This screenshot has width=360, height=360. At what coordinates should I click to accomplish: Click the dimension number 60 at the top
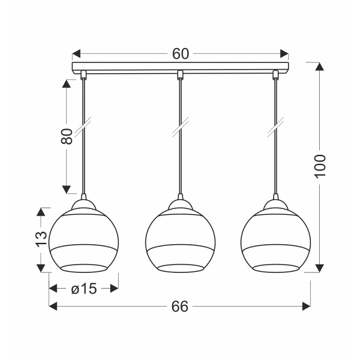tap(181, 53)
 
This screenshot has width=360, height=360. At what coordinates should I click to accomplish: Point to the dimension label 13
tap(41, 239)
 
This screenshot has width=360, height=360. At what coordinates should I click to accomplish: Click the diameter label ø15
tap(83, 289)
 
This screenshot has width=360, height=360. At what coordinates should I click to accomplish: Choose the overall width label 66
tap(179, 306)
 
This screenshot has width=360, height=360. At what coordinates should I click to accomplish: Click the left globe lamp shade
tap(83, 240)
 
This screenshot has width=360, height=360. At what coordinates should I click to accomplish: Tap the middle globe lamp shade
tap(179, 240)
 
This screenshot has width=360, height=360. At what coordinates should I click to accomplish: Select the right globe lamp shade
tap(275, 240)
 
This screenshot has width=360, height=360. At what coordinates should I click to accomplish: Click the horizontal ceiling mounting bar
tap(180, 67)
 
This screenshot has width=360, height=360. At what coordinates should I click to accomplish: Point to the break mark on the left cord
tap(83, 128)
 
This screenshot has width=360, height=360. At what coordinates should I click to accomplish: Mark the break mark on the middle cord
tap(179, 128)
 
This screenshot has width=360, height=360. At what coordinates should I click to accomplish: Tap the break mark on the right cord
tap(275, 128)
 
